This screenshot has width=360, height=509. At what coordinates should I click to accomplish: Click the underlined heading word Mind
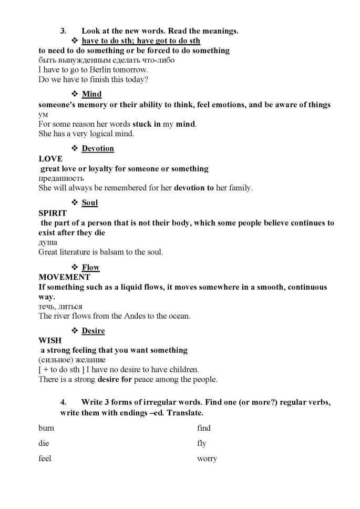click(91, 94)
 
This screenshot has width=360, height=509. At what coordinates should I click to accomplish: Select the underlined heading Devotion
click(98, 148)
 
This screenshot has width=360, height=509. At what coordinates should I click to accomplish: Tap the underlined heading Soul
click(90, 202)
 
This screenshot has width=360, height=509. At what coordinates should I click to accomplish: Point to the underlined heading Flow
click(90, 268)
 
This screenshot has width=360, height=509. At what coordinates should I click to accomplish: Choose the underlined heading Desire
click(93, 331)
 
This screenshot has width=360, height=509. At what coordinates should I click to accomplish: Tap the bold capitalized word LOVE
click(50, 159)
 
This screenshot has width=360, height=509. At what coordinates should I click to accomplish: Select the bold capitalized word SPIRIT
click(53, 213)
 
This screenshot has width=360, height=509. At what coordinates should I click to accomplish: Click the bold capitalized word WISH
click(50, 341)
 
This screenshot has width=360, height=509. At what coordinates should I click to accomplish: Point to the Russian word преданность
click(61, 178)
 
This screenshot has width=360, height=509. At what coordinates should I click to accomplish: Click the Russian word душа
click(48, 242)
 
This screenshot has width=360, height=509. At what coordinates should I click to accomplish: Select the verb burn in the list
click(46, 428)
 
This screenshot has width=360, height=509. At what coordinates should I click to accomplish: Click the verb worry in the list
click(207, 459)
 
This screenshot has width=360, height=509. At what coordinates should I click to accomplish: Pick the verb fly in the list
click(201, 444)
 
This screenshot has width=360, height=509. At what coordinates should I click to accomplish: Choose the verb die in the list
click(44, 443)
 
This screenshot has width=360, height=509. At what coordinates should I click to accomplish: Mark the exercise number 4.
click(63, 402)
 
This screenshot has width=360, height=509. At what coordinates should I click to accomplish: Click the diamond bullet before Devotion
click(75, 148)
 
